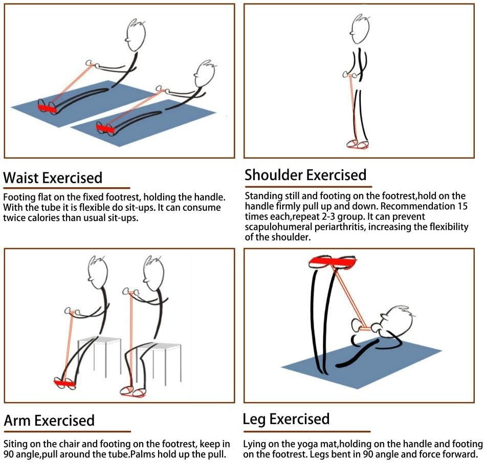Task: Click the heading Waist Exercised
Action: [x=53, y=178]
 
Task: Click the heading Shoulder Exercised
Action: [x=305, y=175]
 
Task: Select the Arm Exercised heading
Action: [x=49, y=421]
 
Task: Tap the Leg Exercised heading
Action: [x=286, y=420]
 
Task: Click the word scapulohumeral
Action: [x=284, y=227]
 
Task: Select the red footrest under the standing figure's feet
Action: [x=357, y=145]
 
